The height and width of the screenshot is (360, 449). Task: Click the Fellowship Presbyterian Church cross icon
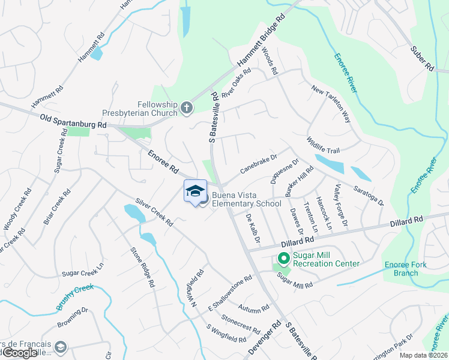(187, 108)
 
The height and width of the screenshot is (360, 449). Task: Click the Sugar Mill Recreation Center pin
(283, 259)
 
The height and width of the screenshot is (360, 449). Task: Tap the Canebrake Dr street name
(258, 163)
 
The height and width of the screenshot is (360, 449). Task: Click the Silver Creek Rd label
(154, 212)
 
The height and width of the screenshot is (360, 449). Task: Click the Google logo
(20, 353)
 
